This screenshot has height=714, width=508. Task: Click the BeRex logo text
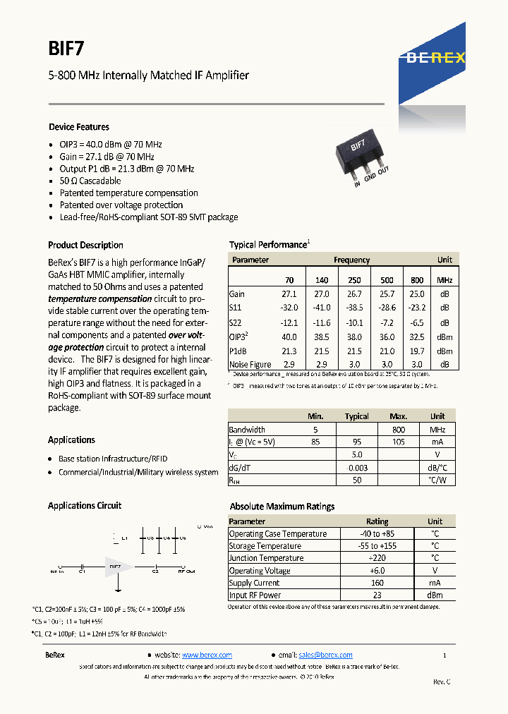pyautogui.click(x=435, y=59)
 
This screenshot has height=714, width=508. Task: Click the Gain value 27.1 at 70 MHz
pyautogui.click(x=289, y=294)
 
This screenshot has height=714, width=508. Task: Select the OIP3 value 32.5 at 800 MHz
pyautogui.click(x=417, y=337)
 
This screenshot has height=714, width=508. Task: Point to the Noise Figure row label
pyautogui.click(x=250, y=365)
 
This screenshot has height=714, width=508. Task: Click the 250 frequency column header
pyautogui.click(x=354, y=280)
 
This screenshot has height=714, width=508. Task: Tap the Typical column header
pyautogui.click(x=356, y=416)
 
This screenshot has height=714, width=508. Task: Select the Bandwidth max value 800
pyautogui.click(x=399, y=429)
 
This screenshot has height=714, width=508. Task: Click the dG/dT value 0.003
pyautogui.click(x=358, y=467)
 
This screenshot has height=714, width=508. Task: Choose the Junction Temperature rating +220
pyautogui.click(x=377, y=558)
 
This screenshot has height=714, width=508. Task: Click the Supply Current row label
pyautogui.click(x=254, y=583)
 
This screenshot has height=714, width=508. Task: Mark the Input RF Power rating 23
pyautogui.click(x=377, y=595)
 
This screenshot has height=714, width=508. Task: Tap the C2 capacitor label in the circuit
pyautogui.click(x=155, y=572)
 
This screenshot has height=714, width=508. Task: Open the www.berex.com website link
pyautogui.click(x=207, y=655)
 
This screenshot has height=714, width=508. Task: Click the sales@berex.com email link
pyautogui.click(x=325, y=655)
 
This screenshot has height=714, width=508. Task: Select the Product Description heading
pyautogui.click(x=85, y=246)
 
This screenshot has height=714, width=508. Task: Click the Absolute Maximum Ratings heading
pyautogui.click(x=282, y=507)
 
